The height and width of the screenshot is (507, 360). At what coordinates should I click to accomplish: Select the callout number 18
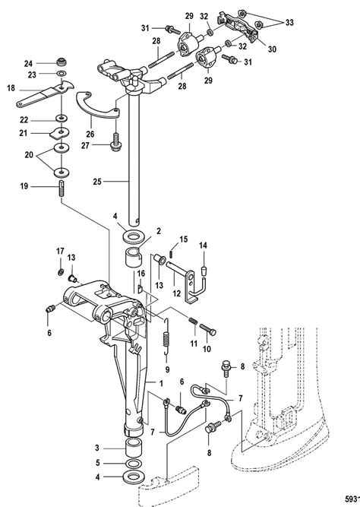[x=11, y=89]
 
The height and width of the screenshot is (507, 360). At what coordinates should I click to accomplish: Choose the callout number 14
[x=203, y=245]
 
